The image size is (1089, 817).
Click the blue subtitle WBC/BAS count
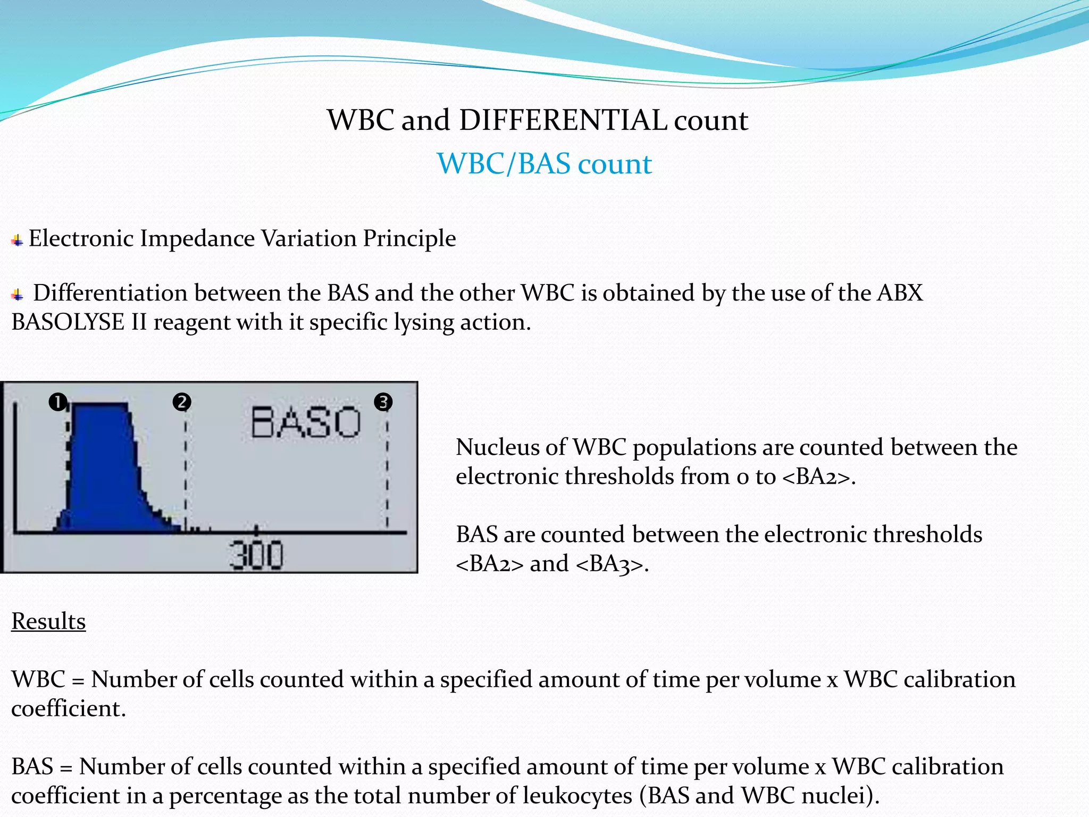pyautogui.click(x=544, y=164)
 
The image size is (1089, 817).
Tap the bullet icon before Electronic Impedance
pyautogui.click(x=18, y=240)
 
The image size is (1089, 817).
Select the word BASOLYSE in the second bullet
pyautogui.click(x=68, y=322)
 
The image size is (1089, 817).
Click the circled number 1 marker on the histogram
pyautogui.click(x=57, y=402)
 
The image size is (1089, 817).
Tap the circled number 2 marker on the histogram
pyautogui.click(x=182, y=402)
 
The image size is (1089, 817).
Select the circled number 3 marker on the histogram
pyautogui.click(x=383, y=402)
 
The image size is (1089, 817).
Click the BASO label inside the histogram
pyautogui.click(x=305, y=423)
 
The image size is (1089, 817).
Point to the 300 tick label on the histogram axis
pyautogui.click(x=256, y=555)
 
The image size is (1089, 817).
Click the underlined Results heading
pyautogui.click(x=48, y=621)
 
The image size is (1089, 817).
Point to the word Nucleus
pyautogui.click(x=497, y=447)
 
